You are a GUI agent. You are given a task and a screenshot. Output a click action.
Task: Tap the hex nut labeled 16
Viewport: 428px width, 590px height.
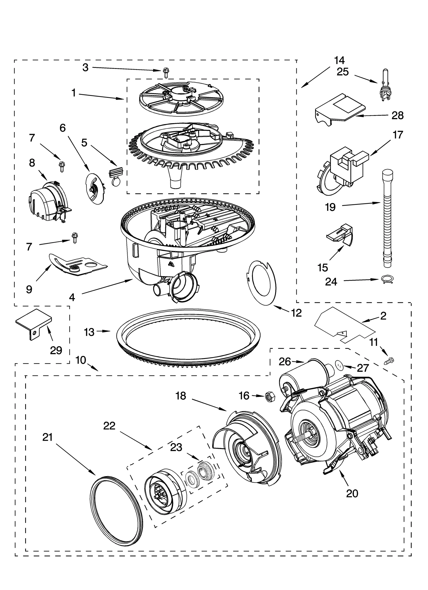[x=269, y=396]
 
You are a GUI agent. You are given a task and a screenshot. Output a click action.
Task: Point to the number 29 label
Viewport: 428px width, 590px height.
[x=56, y=350]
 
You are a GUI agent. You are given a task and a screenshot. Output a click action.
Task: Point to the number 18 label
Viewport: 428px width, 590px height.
[x=181, y=396]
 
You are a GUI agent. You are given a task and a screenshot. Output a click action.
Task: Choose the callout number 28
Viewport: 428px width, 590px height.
[x=397, y=115]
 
